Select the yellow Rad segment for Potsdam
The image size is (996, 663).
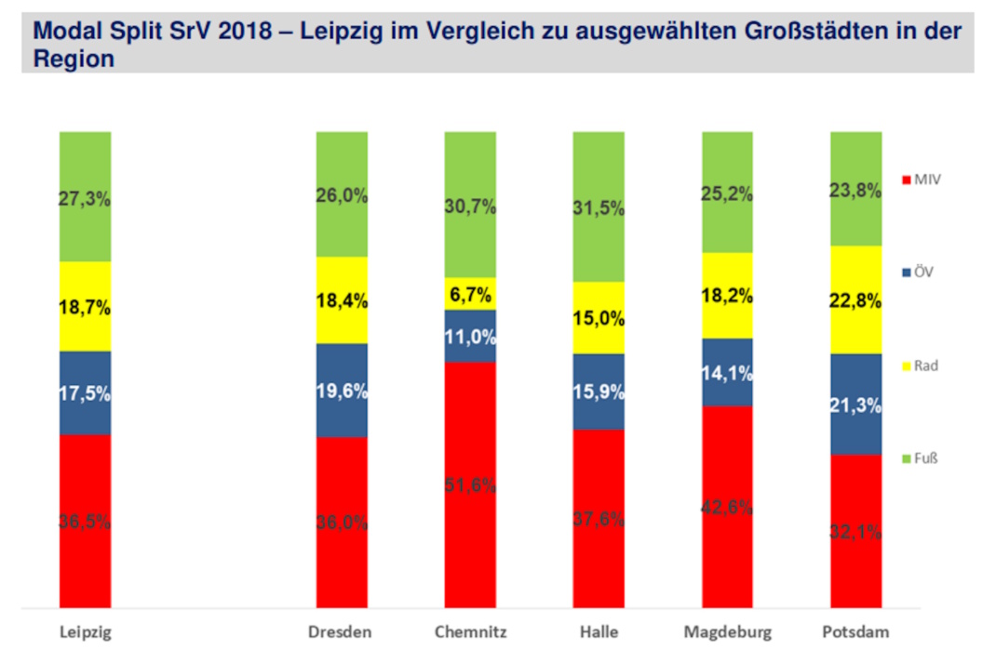click(855, 299)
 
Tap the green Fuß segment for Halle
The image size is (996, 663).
click(599, 206)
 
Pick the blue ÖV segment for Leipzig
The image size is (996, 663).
click(85, 392)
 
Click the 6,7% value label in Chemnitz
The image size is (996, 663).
click(470, 294)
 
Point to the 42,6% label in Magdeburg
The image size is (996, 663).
click(727, 508)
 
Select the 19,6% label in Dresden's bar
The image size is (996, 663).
click(342, 391)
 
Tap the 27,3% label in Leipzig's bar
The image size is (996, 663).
click(85, 197)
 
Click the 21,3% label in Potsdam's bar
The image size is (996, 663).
click(855, 404)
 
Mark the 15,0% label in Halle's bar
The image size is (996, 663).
click(599, 318)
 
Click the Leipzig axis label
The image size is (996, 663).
click(85, 633)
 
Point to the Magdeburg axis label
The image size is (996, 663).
click(727, 633)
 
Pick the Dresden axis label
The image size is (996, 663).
click(341, 633)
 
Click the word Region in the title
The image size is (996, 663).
click(74, 60)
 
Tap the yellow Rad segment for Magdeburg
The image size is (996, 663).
click(727, 296)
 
